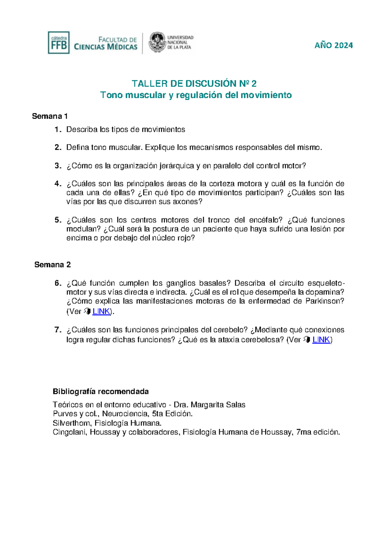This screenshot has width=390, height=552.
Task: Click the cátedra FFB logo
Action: (x=58, y=43)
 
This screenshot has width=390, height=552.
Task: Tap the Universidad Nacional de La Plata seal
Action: (x=157, y=42)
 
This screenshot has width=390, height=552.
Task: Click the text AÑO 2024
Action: (x=333, y=46)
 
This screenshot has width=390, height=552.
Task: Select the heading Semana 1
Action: (x=50, y=116)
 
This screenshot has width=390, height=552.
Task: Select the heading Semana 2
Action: (x=52, y=264)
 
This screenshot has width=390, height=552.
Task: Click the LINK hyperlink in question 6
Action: (x=101, y=311)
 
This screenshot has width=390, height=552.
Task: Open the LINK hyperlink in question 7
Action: (x=321, y=340)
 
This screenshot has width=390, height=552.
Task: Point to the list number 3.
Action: (x=58, y=166)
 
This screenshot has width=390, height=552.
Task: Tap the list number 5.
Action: (x=58, y=220)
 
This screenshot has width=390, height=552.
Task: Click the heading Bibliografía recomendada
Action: (x=101, y=391)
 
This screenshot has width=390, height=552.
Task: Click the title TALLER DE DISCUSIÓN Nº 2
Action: (x=194, y=84)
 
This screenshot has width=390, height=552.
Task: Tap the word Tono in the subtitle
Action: (x=110, y=95)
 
